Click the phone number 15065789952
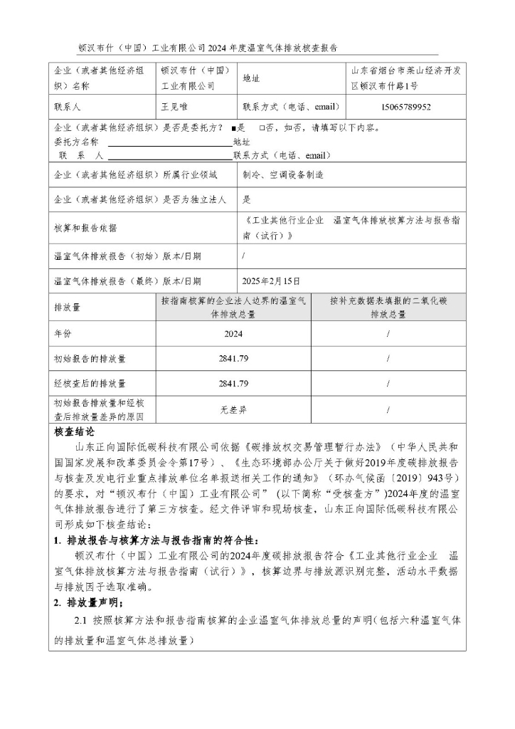click(405, 107)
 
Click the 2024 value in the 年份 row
click(233, 333)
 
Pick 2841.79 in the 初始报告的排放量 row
click(233, 359)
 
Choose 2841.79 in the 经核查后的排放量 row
click(233, 384)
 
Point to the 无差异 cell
click(233, 409)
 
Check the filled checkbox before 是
click(233, 129)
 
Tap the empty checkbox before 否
click(262, 129)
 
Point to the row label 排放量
click(68, 308)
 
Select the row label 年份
click(63, 333)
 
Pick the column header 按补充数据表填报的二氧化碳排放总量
click(388, 308)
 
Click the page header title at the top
click(207, 48)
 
